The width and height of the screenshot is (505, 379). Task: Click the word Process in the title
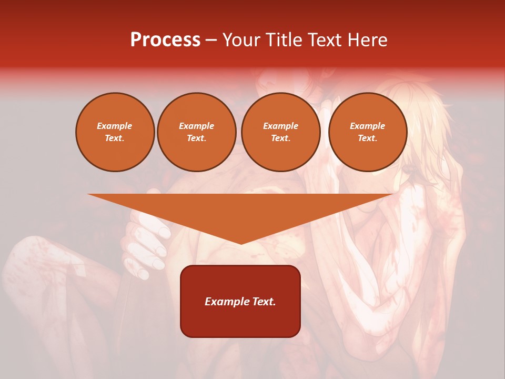point(165,40)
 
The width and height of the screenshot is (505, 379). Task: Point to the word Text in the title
point(326,40)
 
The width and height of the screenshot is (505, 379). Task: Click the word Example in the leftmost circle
point(115,126)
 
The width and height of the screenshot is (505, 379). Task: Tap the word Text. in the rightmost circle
point(367,138)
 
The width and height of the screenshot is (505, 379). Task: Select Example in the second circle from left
point(196,126)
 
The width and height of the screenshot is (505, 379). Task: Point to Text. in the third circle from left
point(280,138)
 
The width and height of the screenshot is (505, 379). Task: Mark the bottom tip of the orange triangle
point(241,243)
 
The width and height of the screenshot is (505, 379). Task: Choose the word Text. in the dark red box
point(262,302)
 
